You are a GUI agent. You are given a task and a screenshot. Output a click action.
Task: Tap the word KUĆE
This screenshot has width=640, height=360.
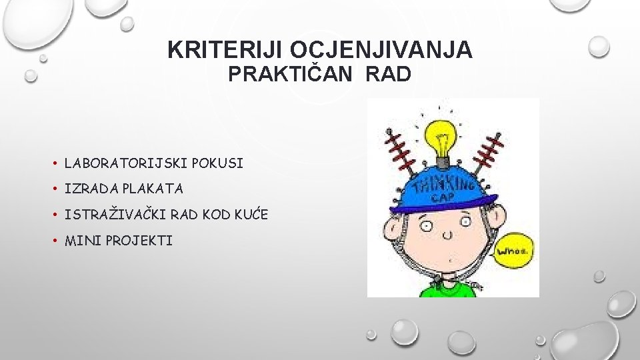click(x=249, y=215)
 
